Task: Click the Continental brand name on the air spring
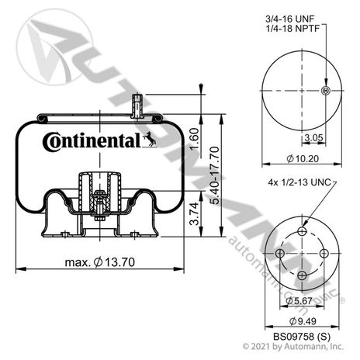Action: tap(92, 141)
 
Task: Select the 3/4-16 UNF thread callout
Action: tap(289, 19)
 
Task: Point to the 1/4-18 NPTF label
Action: tap(293, 28)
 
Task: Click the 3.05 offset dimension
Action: tap(313, 137)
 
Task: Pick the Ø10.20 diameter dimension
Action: tap(303, 158)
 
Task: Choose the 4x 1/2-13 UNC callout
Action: tap(299, 182)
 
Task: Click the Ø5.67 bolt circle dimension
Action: tap(299, 300)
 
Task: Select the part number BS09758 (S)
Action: tap(302, 337)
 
